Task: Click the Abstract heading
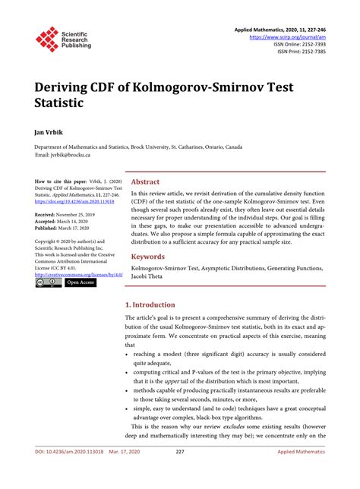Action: (x=145, y=182)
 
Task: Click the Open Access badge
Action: (x=81, y=282)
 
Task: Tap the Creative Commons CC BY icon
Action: (x=48, y=282)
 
